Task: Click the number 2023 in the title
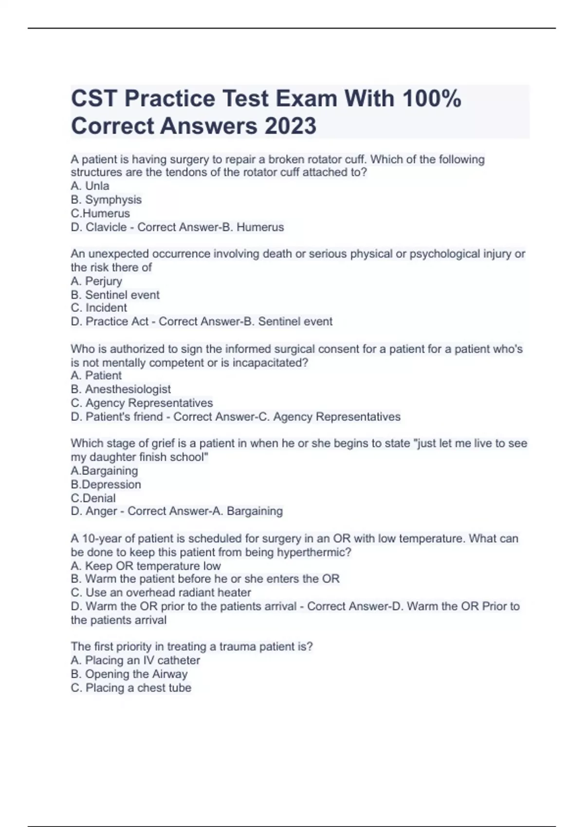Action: tap(290, 126)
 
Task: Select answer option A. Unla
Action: tap(90, 186)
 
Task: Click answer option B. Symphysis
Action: tap(106, 199)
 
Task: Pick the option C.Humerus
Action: tap(100, 213)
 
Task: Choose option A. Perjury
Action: tap(96, 281)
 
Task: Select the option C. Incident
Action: tap(99, 308)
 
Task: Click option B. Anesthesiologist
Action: tap(121, 389)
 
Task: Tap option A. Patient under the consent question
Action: tap(96, 376)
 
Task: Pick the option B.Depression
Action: tap(106, 485)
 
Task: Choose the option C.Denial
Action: tap(93, 498)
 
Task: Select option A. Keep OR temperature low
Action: tap(146, 566)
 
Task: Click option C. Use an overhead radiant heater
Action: tap(161, 593)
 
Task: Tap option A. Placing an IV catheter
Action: tap(135, 660)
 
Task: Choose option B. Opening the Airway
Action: tap(129, 674)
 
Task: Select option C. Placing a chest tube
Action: tap(131, 688)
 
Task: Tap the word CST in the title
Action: tap(93, 98)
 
